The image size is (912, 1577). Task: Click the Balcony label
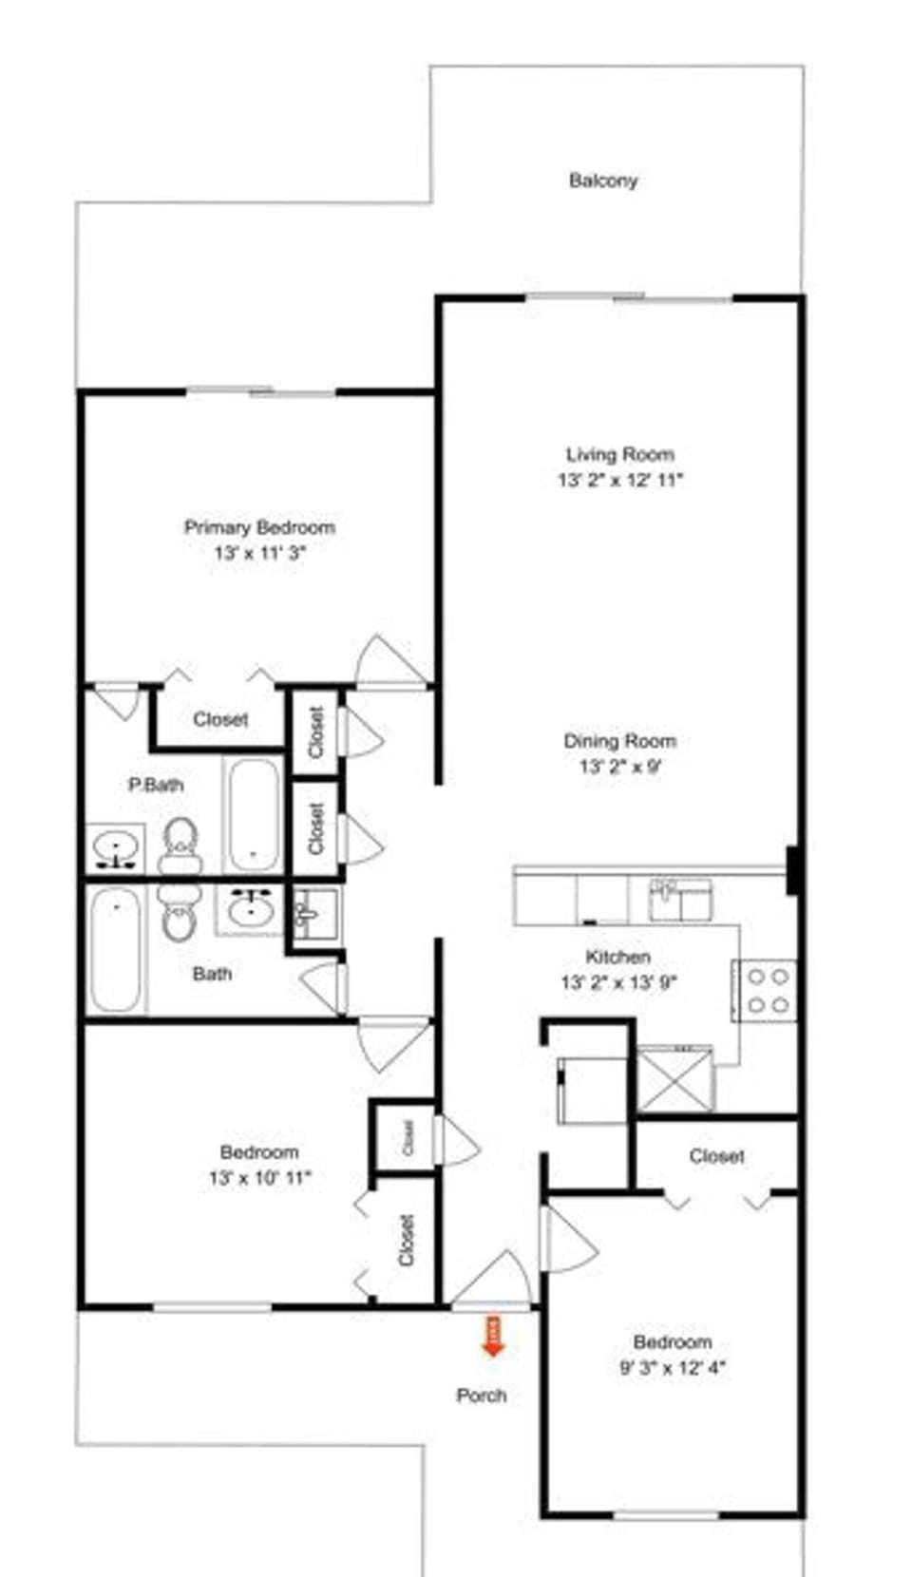603,180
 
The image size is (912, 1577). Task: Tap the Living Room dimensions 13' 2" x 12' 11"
620,481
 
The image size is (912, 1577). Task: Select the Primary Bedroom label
259,527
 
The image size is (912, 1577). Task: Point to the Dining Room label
620,741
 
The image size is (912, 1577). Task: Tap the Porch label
482,1396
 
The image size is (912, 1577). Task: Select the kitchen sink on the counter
680,899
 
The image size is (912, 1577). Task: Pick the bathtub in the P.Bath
254,814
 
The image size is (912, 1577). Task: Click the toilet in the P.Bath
180,845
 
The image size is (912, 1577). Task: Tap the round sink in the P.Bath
116,845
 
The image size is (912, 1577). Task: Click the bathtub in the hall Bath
115,949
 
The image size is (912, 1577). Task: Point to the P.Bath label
156,785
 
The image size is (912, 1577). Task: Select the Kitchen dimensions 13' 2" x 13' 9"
618,983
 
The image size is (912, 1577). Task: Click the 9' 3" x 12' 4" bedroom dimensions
673,1368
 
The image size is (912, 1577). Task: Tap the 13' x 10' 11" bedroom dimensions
260,1178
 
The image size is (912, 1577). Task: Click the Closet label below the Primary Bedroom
220,719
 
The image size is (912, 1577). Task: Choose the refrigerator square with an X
674,1078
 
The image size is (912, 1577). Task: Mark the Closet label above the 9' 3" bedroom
717,1156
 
